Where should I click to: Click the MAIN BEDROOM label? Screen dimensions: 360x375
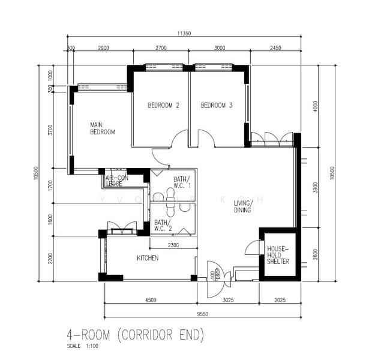(x=102, y=128)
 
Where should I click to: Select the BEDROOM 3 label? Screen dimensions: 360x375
(x=216, y=106)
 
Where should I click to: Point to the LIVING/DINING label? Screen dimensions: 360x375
(x=243, y=207)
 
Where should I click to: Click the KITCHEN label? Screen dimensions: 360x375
(x=147, y=258)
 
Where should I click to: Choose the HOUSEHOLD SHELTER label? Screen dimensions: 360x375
(x=278, y=255)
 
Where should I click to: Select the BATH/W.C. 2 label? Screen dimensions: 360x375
(x=163, y=225)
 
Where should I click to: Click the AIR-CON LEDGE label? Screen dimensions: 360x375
(x=118, y=181)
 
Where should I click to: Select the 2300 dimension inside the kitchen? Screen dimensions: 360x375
(x=173, y=245)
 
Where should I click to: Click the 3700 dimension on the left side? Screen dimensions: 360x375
(x=51, y=130)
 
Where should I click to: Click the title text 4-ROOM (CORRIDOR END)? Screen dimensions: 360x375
(x=135, y=334)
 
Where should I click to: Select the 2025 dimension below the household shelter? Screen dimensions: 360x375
(x=279, y=299)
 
